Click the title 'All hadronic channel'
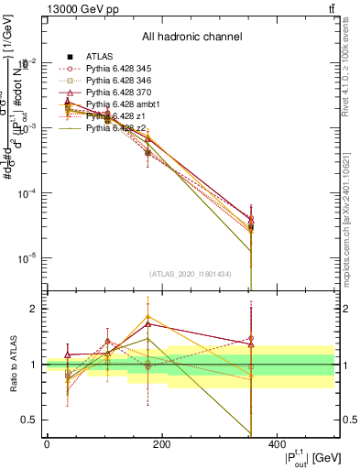191,37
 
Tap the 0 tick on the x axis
48,445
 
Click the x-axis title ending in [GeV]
300,458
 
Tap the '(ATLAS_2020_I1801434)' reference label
190,273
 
